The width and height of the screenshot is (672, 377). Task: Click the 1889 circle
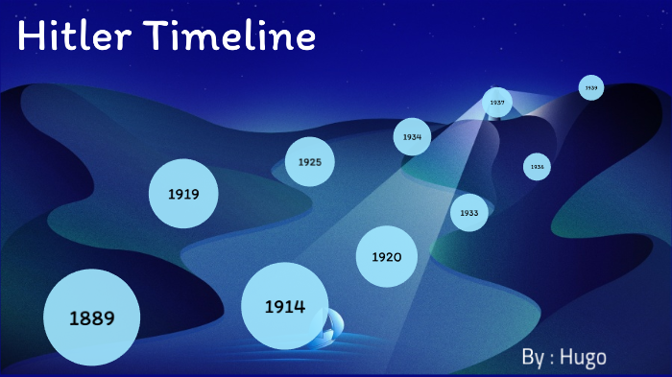[x=92, y=318]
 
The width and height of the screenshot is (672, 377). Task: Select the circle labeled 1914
[x=285, y=307]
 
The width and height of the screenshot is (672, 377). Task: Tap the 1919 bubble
[x=183, y=195]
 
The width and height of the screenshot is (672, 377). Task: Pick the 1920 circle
[x=387, y=257]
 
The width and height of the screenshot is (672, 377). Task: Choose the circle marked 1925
[x=309, y=161]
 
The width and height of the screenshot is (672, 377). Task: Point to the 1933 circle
[x=469, y=212]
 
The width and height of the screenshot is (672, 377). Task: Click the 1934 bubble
[x=412, y=137]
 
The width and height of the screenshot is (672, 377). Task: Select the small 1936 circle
[x=537, y=167]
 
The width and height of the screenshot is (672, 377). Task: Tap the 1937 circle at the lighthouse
[x=497, y=102]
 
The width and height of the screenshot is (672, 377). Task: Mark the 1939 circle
[x=591, y=87]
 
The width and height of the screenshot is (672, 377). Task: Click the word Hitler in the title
[x=77, y=37]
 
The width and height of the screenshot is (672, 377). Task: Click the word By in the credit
[x=534, y=357]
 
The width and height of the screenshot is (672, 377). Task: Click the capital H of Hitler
[x=30, y=37]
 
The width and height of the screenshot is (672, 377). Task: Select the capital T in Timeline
[x=158, y=37]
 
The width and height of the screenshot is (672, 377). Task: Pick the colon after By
[x=552, y=359]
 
